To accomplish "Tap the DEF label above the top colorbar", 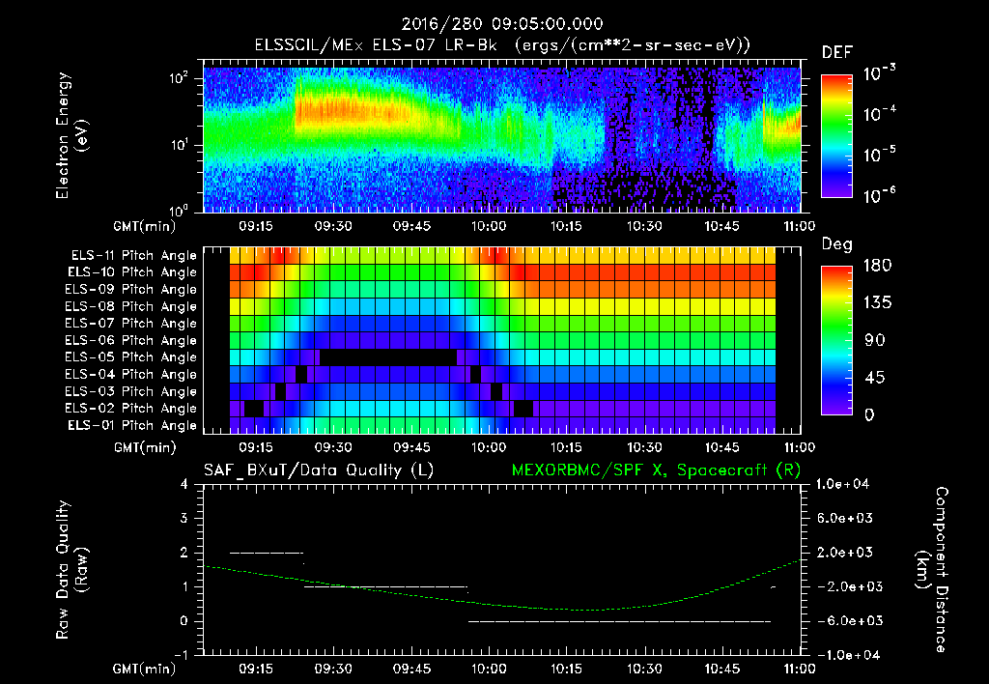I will click(x=836, y=52).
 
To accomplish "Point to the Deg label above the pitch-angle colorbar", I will click(x=835, y=244).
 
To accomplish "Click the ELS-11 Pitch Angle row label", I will click(x=133, y=256).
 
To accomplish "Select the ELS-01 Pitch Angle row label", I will click(x=133, y=425).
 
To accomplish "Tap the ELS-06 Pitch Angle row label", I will click(x=133, y=340).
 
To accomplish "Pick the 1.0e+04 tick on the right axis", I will click(x=846, y=484).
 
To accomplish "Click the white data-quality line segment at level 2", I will click(x=267, y=553).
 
